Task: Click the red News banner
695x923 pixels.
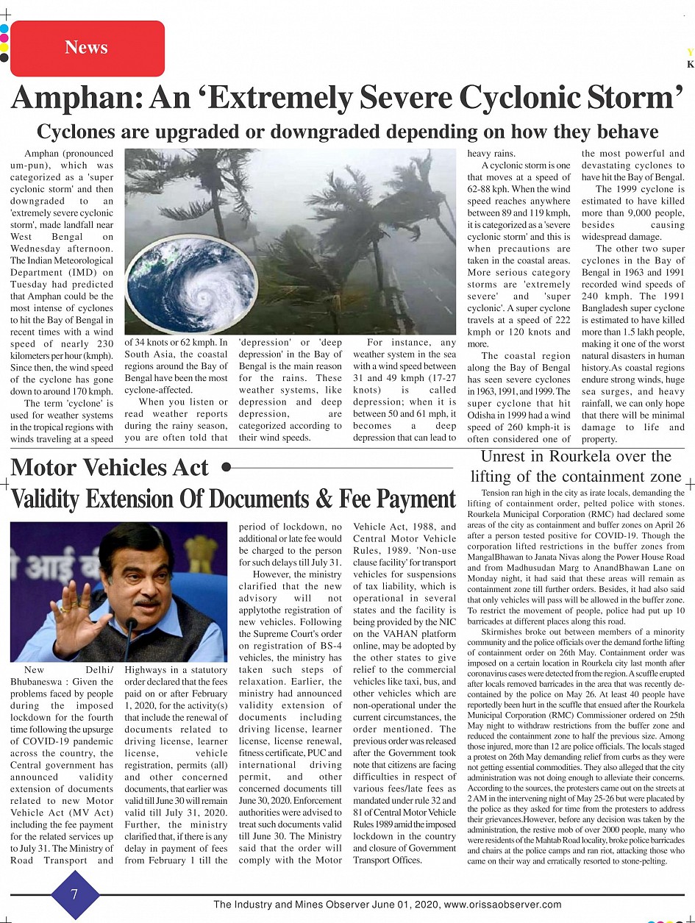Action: click(87, 48)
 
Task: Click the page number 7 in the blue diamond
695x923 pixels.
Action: click(74, 893)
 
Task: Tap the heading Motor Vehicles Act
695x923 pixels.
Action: click(110, 468)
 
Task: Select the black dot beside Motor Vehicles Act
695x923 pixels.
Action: click(226, 467)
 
